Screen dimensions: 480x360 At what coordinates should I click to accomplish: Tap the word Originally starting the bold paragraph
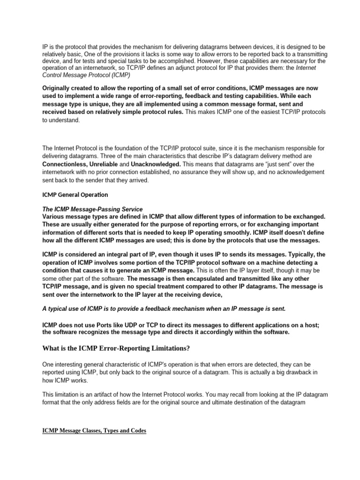tap(60, 88)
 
